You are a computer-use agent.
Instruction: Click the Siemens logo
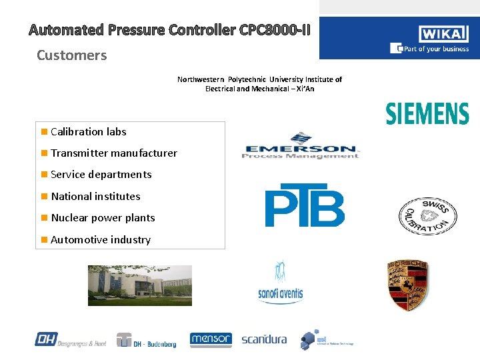coord(427,113)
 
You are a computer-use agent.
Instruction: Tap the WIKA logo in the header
coord(443,33)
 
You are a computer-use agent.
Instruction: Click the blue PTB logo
coord(305,205)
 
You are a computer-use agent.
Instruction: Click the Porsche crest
coord(408,285)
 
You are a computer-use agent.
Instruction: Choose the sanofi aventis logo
coord(280,283)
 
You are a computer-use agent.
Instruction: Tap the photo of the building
coord(140,285)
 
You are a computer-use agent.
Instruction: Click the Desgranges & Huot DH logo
coord(70,340)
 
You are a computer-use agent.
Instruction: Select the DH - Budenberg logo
coord(146,340)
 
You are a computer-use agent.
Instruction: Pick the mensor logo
coord(211,340)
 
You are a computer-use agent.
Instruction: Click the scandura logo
coord(264,339)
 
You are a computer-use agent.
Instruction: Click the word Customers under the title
coord(71,55)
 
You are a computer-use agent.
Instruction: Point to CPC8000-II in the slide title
coord(273,30)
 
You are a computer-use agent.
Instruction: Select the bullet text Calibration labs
coord(88,132)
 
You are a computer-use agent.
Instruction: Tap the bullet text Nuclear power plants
coord(103,218)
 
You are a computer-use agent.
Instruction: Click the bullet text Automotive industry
coord(101,240)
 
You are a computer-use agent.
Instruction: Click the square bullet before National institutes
coord(44,197)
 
